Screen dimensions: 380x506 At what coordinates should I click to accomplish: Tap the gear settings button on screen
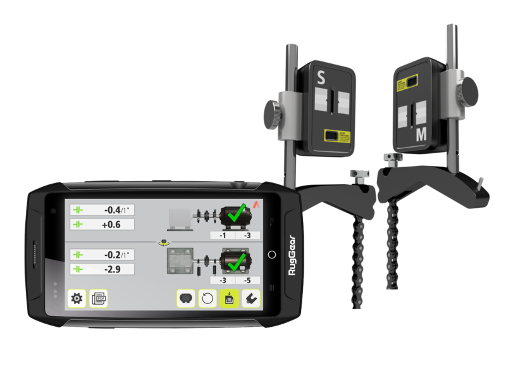77,298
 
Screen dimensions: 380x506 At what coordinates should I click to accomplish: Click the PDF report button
99,298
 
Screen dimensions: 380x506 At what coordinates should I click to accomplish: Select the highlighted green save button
229,298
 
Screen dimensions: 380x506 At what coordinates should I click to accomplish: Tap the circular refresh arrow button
207,298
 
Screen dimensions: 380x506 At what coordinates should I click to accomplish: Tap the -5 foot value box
247,279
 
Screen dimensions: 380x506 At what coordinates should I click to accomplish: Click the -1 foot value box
223,235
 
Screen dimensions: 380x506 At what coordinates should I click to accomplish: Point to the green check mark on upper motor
238,214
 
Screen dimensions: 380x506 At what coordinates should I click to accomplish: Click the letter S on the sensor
321,79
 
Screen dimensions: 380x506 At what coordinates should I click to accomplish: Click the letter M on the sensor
421,134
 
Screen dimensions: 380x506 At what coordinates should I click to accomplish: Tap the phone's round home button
272,254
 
